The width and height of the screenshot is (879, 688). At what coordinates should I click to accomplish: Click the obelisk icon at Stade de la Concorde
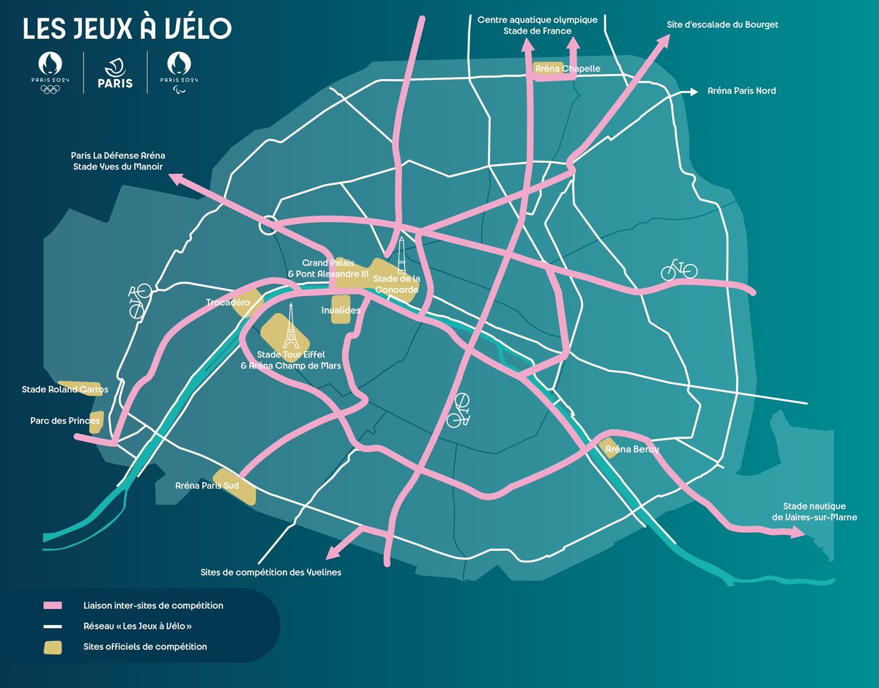(401, 259)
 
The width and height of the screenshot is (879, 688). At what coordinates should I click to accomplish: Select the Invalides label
(341, 310)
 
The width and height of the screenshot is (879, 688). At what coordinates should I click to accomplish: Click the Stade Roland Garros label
(64, 390)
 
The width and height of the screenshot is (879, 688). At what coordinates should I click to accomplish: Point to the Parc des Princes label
(65, 421)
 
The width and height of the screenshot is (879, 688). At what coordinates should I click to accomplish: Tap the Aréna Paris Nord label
(741, 91)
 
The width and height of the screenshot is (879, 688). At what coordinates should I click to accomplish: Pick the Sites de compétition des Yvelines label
(271, 572)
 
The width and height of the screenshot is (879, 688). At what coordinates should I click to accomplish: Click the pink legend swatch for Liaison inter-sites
(53, 606)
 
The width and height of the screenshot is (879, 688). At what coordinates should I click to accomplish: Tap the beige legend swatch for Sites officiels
(53, 647)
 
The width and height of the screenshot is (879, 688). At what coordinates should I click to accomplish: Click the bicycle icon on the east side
(679, 270)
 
